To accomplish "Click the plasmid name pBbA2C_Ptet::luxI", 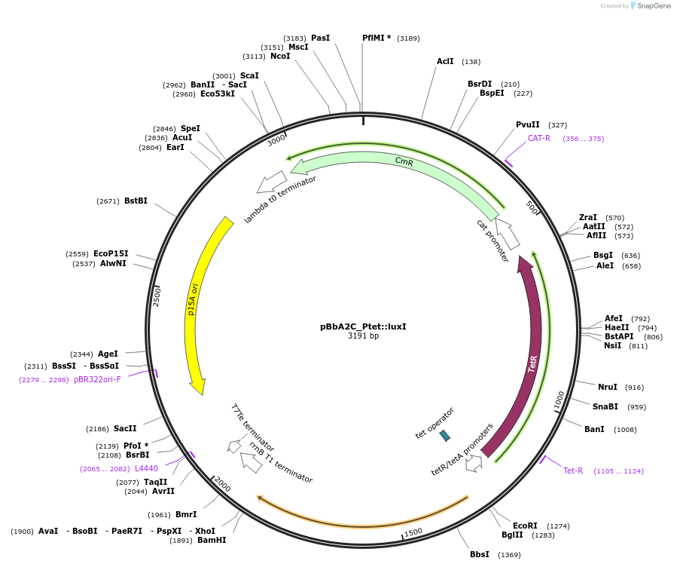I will click(x=363, y=326).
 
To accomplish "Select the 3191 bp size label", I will click(x=363, y=336).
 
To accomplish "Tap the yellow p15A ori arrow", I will click(x=197, y=302).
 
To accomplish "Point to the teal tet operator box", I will click(x=445, y=435).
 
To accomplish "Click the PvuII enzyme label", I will click(x=527, y=125).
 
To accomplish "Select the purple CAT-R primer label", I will click(x=538, y=139).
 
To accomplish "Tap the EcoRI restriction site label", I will click(x=525, y=526).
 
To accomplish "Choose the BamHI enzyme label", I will click(x=212, y=540).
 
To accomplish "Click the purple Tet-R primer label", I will click(x=573, y=471).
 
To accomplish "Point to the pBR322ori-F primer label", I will click(x=97, y=380).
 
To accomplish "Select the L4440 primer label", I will click(x=146, y=469).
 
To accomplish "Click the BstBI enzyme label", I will click(x=136, y=201).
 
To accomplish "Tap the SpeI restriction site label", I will click(x=190, y=129).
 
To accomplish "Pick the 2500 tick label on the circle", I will click(x=157, y=296).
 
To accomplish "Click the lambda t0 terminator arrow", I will click(x=271, y=182).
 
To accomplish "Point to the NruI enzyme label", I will click(x=607, y=388).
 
